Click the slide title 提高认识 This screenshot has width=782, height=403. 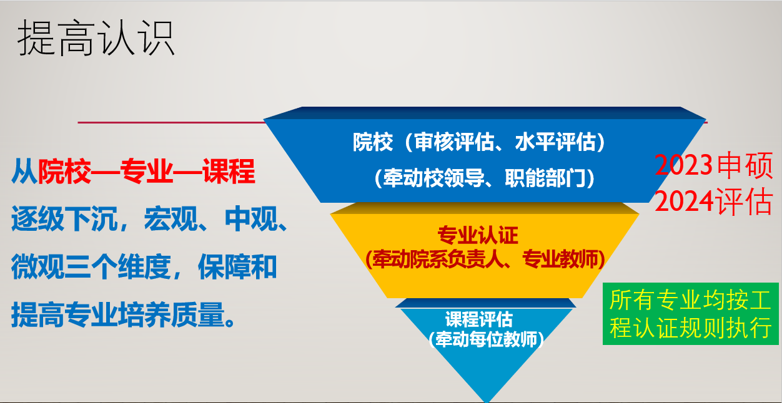pos(96,37)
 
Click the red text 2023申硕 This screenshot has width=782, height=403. pos(713,165)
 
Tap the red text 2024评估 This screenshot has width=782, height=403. pos(713,201)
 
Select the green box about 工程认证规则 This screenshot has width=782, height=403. pos(691,314)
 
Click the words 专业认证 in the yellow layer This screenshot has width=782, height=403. pos(478,235)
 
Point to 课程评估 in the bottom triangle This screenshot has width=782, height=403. pos(478,319)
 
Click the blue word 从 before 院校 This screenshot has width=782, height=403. pos(24,171)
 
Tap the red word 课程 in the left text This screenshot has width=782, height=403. pos(229,171)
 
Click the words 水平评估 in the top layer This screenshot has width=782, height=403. pos(555,142)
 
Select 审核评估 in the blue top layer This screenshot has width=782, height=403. pos(455,142)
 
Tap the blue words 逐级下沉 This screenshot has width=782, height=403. pos(64,219)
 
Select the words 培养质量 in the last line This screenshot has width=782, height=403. pos(171,315)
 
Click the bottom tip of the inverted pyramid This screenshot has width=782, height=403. pos(487,402)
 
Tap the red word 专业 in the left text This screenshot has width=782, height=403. pos(147,171)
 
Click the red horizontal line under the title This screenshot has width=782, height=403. pos(171,122)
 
